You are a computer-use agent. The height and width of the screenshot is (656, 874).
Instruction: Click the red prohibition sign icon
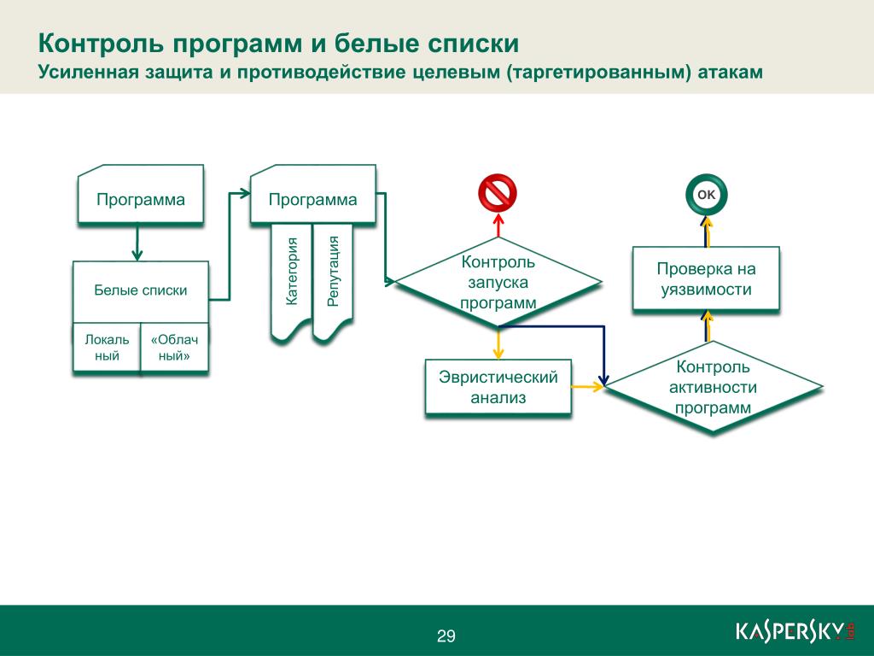point(498,193)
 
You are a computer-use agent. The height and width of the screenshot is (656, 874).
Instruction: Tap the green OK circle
point(706,194)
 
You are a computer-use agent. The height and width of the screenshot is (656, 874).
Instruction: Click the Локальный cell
point(107,347)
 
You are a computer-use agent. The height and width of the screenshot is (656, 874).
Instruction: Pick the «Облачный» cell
point(174,347)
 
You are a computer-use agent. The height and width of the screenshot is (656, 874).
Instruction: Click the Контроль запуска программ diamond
point(498,282)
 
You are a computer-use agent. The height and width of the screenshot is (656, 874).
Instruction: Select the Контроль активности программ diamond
point(713,387)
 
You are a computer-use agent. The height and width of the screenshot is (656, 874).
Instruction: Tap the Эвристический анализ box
point(498,387)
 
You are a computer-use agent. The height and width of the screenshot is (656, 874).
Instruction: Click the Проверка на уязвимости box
point(706,278)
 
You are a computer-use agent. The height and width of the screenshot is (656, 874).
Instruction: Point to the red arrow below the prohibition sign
point(498,225)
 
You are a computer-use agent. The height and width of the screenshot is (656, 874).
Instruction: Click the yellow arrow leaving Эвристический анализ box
point(587,386)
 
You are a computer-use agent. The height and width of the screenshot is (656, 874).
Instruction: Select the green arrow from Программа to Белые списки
point(137,242)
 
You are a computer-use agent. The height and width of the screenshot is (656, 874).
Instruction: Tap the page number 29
point(446,635)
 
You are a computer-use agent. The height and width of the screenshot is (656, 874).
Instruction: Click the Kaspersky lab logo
point(795,631)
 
